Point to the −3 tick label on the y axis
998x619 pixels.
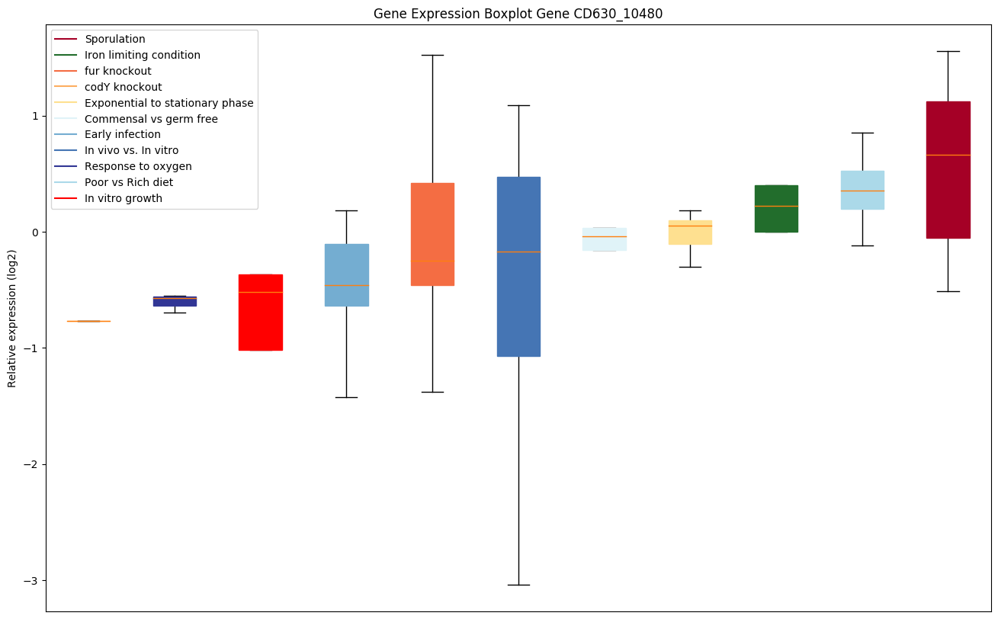coord(31,581)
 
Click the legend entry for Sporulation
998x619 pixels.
coord(114,39)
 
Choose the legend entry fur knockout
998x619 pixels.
coord(117,71)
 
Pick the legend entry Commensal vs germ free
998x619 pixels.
coord(151,119)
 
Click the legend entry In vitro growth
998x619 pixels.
coord(123,198)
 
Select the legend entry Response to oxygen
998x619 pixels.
coord(138,166)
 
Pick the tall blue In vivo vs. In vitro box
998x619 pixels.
coord(518,305)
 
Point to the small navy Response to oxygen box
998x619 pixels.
coord(175,302)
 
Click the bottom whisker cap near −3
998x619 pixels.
coord(518,585)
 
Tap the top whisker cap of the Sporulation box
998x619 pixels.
coord(948,51)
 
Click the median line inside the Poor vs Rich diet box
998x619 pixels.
coord(862,191)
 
